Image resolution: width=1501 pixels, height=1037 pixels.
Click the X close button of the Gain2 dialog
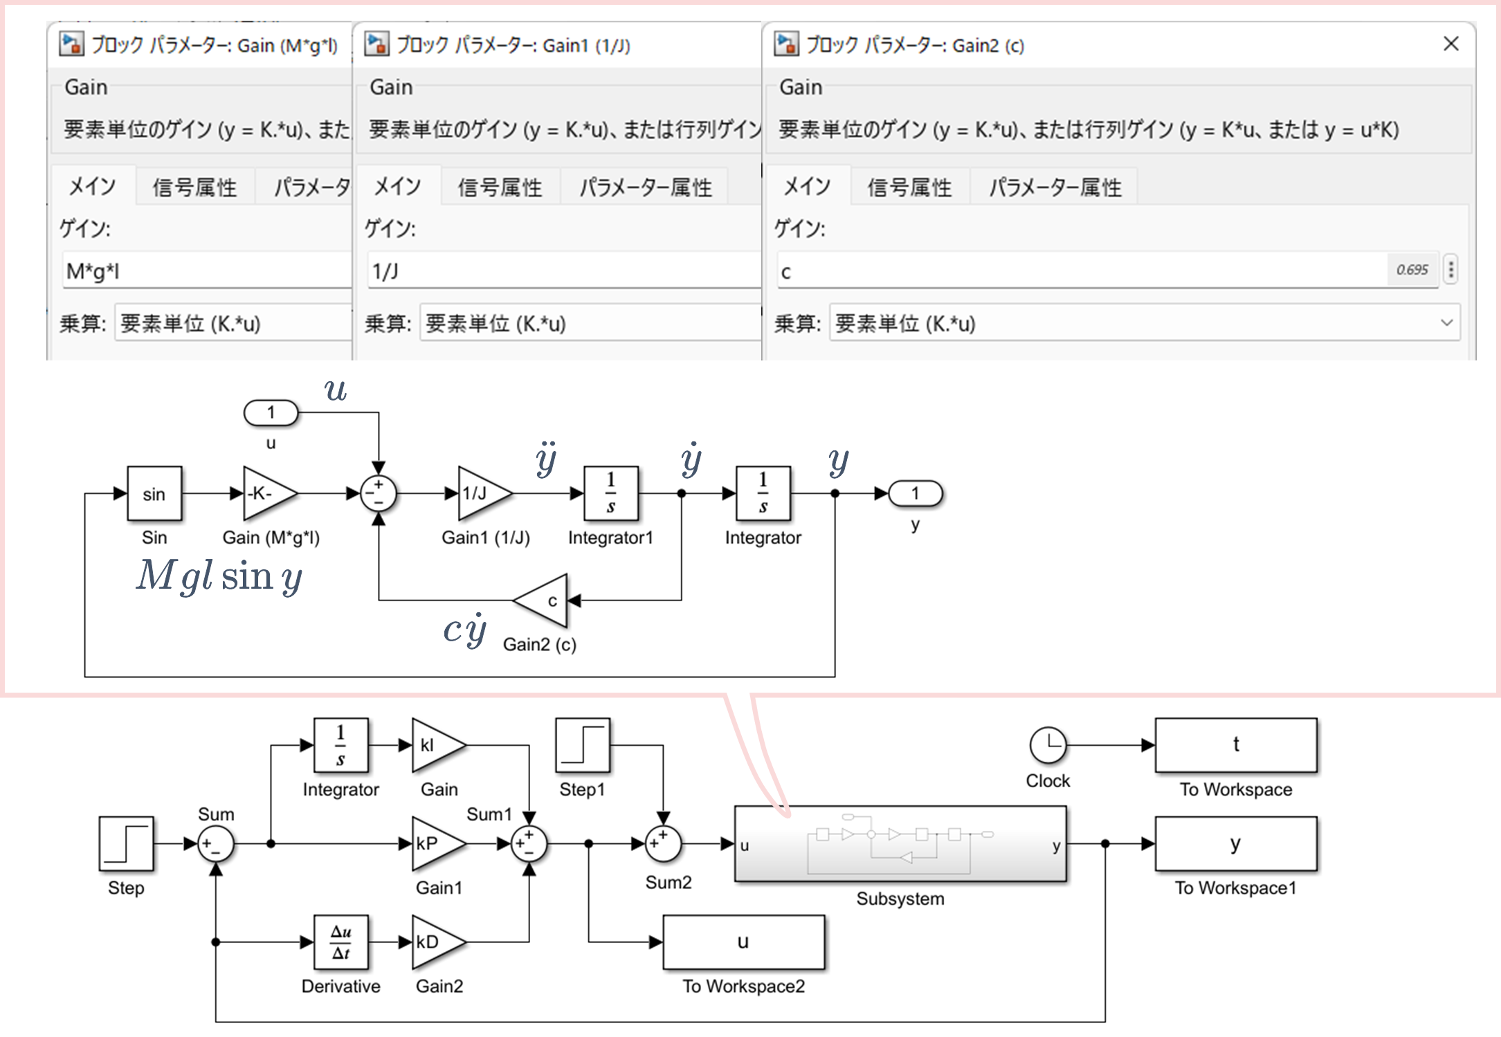1450,44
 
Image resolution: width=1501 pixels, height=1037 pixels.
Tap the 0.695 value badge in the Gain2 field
1412,270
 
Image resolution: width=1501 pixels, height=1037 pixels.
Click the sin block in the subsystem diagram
154,494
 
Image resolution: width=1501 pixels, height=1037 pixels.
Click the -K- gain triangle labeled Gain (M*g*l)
266,494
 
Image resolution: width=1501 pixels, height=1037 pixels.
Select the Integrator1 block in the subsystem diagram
610,494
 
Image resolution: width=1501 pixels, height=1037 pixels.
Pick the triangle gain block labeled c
544,600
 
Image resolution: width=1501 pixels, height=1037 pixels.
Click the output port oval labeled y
915,494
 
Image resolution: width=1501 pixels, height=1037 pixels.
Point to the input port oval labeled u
271,413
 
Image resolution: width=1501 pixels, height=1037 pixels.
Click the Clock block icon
1048,745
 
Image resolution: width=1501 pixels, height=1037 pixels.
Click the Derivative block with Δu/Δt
340,942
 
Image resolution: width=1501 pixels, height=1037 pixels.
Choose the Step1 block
583,745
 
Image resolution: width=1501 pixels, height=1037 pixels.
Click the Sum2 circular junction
663,844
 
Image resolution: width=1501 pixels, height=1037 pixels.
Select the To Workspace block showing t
1235,745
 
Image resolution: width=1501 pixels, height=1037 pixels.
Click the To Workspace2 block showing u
743,942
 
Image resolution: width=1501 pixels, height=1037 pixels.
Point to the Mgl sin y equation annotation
219,576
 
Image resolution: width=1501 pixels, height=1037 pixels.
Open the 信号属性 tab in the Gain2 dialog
909,187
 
